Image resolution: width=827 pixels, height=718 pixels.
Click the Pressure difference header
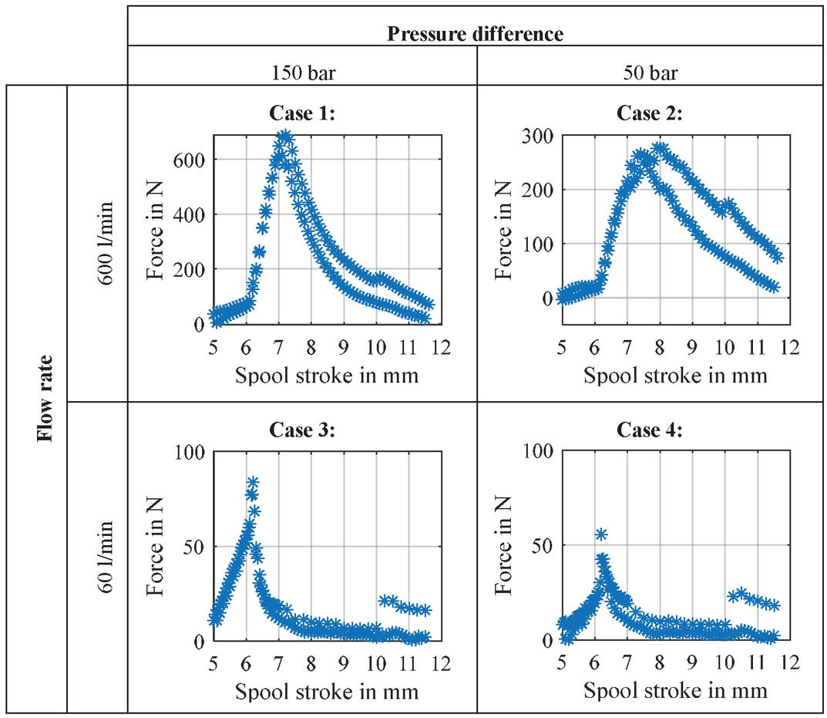pos(476,34)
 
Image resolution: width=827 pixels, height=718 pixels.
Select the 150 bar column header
pos(302,75)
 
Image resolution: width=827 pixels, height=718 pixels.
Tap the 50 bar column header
pos(651,75)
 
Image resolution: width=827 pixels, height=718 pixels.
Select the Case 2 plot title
pos(650,113)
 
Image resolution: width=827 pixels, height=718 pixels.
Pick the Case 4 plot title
pos(650,430)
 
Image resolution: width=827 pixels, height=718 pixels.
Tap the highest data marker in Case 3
pos(252,482)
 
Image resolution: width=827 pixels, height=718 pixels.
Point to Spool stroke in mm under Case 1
pos(327,376)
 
